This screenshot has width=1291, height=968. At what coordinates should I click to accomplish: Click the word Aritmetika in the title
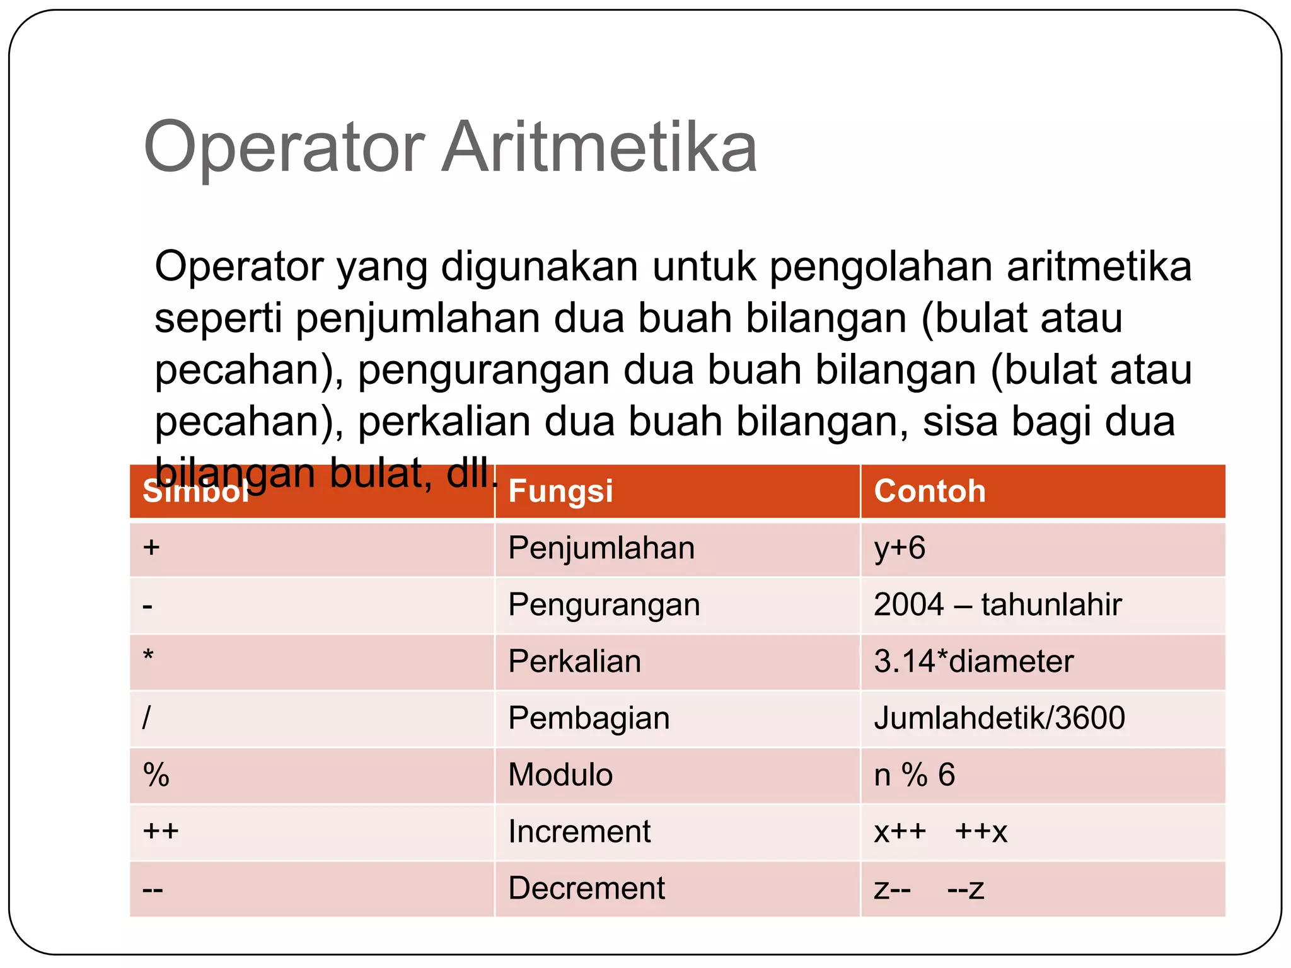tap(599, 148)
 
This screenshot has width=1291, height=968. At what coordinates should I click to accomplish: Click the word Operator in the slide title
tap(284, 148)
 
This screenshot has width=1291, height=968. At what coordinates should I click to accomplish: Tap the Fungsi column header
tap(560, 491)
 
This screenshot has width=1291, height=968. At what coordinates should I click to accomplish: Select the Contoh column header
tap(930, 491)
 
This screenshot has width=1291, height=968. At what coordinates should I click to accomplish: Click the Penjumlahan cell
tap(601, 548)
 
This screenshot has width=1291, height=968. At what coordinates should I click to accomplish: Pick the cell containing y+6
tap(900, 548)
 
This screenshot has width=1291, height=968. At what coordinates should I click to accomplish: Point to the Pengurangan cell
tap(604, 605)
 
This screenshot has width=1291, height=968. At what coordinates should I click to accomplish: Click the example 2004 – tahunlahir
tap(997, 604)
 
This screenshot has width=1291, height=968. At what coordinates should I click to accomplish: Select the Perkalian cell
tap(574, 661)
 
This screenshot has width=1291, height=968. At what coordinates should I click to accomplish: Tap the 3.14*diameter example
tap(973, 661)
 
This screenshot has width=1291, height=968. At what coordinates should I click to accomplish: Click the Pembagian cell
tap(589, 718)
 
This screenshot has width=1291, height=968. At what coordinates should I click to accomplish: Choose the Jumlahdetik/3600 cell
tap(999, 718)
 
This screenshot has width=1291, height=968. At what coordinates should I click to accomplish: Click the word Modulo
tap(560, 775)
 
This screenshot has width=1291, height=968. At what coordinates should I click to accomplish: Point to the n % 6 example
tap(914, 775)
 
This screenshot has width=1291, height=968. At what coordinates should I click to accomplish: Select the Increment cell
tap(579, 831)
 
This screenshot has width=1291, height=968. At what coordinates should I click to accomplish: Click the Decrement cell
tap(586, 888)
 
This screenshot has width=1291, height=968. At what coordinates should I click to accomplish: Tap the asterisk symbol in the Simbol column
tap(148, 655)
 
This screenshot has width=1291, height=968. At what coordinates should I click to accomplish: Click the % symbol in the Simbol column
tap(156, 775)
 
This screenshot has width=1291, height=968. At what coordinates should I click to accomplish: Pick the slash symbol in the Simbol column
tap(146, 718)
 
